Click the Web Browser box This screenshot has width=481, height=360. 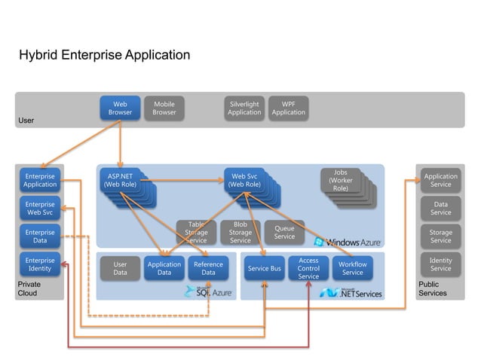click(x=120, y=108)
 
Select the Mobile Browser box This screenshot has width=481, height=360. click(x=164, y=108)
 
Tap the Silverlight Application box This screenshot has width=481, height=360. click(x=244, y=108)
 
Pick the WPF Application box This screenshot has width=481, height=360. click(x=288, y=108)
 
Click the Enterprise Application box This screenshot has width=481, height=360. click(x=40, y=180)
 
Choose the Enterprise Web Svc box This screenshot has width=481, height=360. click(x=40, y=209)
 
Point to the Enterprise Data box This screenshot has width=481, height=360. click(x=40, y=236)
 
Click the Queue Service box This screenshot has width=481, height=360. click(x=284, y=232)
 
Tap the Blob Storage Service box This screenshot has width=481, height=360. click(x=240, y=232)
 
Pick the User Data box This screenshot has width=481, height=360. click(x=120, y=268)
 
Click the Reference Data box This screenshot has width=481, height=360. click(x=208, y=268)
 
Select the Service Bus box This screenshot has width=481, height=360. click(x=264, y=268)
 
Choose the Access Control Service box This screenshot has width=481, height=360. click(x=308, y=268)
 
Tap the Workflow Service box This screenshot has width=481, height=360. click(x=352, y=268)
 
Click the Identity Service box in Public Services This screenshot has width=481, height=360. click(x=440, y=264)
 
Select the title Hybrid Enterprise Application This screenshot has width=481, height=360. click(x=104, y=56)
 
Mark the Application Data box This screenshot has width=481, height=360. click(x=164, y=268)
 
